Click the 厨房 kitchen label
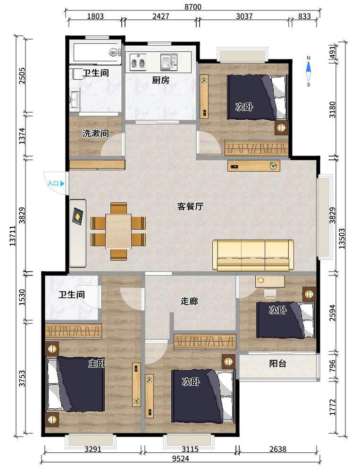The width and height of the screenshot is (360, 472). click(160, 80)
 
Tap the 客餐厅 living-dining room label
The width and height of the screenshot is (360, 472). click(190, 207)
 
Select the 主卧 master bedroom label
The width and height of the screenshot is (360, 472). click(97, 364)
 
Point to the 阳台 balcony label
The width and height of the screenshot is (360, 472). click(277, 364)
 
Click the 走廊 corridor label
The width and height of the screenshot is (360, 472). click(189, 301)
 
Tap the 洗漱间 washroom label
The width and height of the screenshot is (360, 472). click(95, 133)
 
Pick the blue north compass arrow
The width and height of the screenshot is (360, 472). click(309, 69)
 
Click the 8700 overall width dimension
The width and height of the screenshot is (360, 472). click(193, 6)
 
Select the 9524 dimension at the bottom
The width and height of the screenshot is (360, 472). click(181, 458)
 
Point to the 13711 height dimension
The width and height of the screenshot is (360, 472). click(13, 236)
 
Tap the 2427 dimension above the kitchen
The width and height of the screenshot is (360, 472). click(160, 16)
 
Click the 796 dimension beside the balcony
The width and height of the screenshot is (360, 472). click(332, 365)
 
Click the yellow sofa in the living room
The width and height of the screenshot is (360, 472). click(253, 255)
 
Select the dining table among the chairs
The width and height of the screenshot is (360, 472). click(118, 231)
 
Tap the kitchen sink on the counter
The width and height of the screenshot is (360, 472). click(169, 62)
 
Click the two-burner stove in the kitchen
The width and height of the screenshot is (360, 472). click(138, 62)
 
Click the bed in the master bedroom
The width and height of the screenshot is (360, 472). click(75, 384)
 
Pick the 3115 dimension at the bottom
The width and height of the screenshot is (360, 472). click(191, 449)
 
